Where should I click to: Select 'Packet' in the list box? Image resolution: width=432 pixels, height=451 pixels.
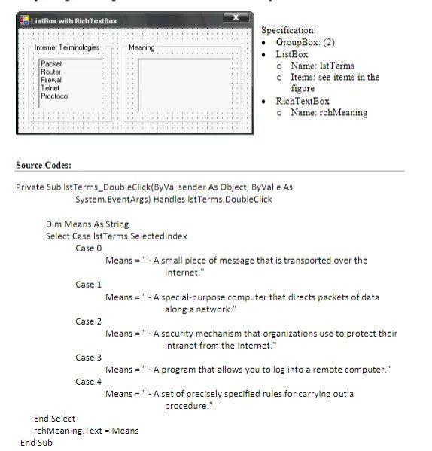tap(51, 65)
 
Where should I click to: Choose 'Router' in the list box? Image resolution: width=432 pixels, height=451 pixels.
tap(51, 72)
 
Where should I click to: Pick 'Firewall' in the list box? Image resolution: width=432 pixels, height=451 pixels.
tap(52, 80)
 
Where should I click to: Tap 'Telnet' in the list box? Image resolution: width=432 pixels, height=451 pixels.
tap(50, 88)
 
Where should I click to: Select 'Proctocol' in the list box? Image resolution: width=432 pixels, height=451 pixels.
tap(54, 96)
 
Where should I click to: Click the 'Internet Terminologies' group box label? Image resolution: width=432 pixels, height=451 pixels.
tap(67, 48)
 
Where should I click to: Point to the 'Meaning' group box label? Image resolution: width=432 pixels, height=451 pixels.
tap(141, 48)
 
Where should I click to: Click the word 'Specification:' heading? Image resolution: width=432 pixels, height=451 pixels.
tap(288, 30)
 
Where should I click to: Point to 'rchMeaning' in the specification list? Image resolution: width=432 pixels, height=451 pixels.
tap(342, 113)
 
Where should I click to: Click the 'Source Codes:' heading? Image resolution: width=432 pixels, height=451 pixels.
tap(44, 166)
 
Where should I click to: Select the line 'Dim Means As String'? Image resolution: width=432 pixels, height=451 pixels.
tap(87, 224)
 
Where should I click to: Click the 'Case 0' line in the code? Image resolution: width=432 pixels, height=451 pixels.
tap(88, 248)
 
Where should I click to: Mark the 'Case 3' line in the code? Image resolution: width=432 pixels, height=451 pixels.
tap(88, 358)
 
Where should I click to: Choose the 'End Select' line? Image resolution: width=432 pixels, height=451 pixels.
tap(54, 419)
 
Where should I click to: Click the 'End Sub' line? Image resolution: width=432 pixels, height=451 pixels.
tap(36, 443)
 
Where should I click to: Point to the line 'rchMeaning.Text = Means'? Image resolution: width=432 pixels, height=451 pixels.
tap(86, 431)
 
